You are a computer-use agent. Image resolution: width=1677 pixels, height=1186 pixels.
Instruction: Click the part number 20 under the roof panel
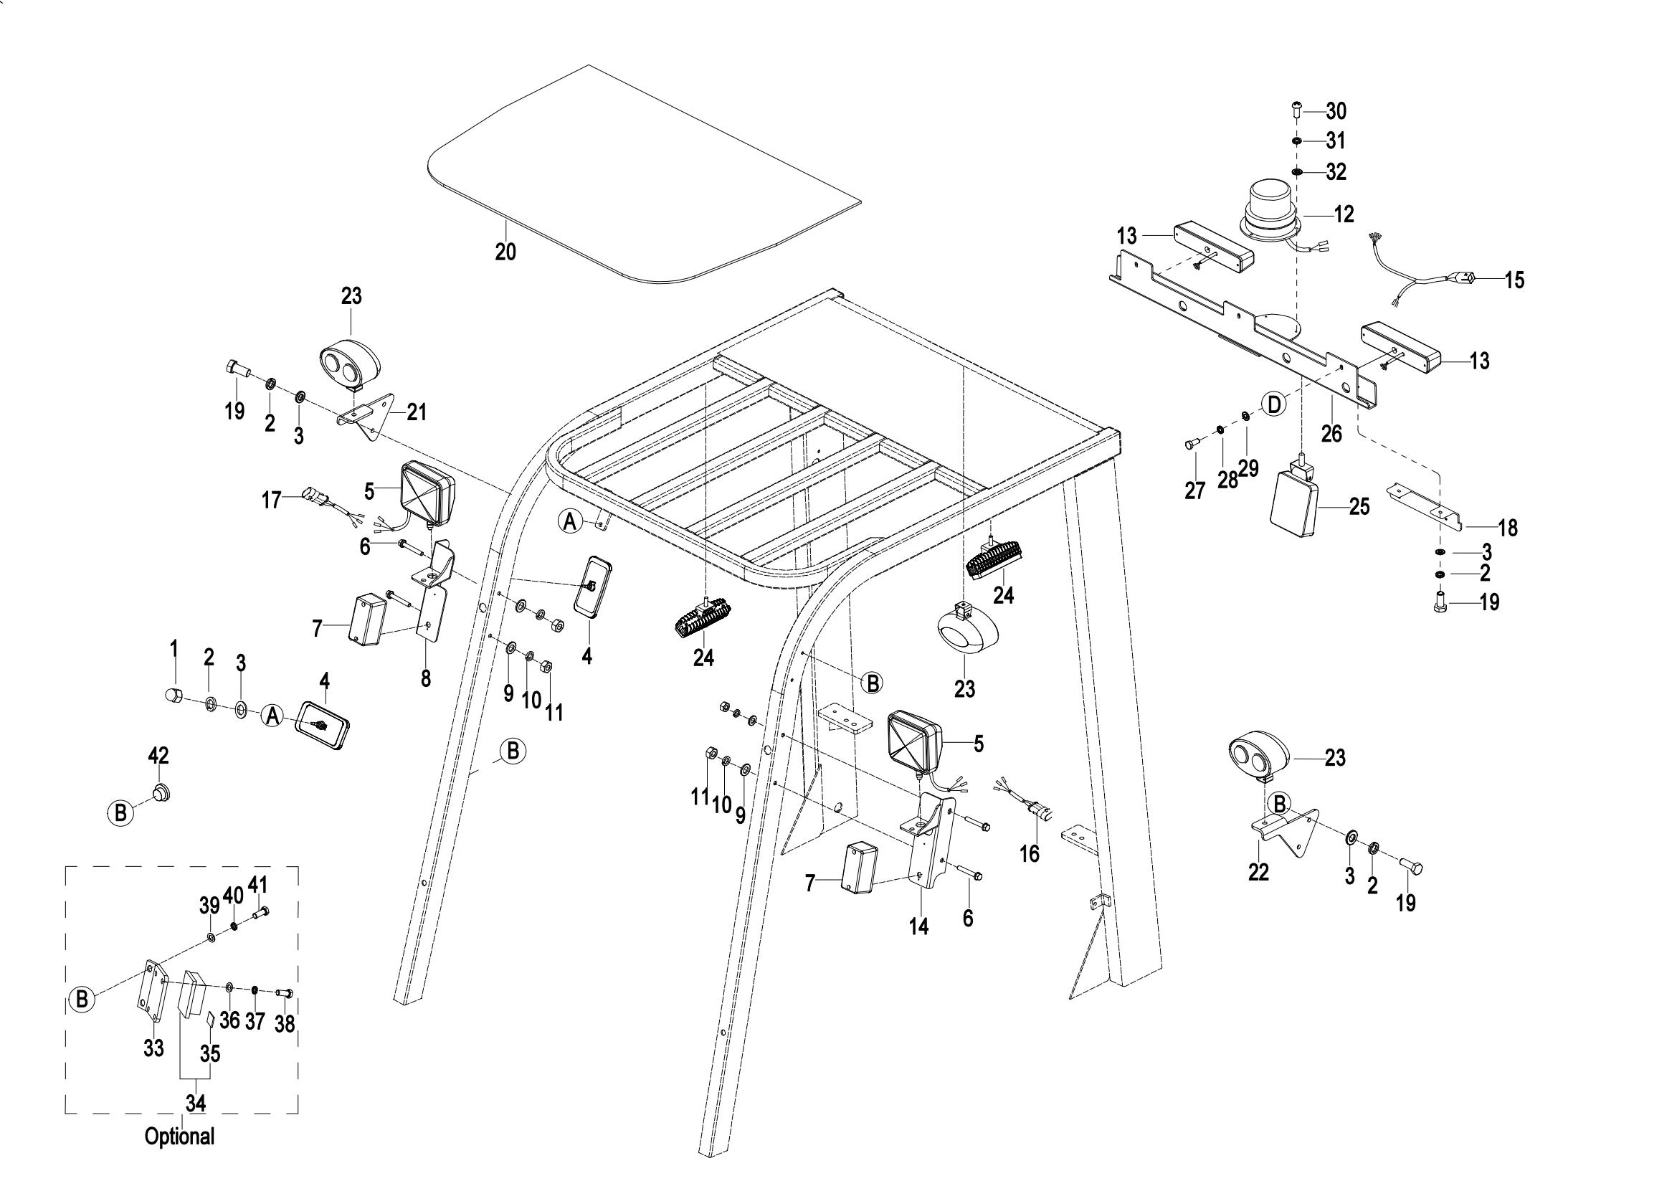coord(505,252)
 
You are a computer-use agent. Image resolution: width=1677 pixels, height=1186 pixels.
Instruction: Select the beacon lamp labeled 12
coord(1270,212)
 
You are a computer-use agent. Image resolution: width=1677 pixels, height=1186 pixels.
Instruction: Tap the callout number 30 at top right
coord(1336,111)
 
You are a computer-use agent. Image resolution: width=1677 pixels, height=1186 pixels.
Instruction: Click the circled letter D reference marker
coord(1274,404)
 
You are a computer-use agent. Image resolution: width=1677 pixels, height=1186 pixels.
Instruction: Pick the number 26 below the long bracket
coord(1331,433)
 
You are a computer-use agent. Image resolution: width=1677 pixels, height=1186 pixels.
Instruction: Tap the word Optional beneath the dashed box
coord(180,1137)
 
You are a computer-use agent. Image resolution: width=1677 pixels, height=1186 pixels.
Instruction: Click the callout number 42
coord(158,756)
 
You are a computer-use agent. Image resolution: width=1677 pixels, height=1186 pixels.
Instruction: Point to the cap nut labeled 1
coord(173,695)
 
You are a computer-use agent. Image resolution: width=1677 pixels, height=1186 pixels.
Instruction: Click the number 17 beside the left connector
coord(272,501)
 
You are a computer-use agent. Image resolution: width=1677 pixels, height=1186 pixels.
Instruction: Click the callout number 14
coord(918,926)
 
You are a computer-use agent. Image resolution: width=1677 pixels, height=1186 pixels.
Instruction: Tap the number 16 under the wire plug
coord(1029,853)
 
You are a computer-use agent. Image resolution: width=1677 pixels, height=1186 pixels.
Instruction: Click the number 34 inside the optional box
coord(195,1104)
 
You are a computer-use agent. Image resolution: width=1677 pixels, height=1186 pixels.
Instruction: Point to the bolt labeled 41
coord(262,912)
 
